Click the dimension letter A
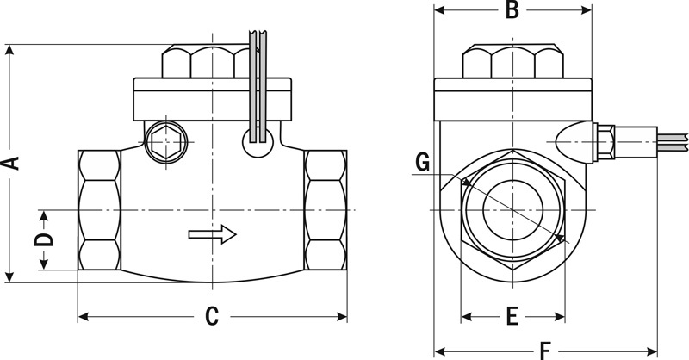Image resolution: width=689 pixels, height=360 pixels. [12, 162]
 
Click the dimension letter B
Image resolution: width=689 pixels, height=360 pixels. [511, 10]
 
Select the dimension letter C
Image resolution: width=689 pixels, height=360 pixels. [212, 316]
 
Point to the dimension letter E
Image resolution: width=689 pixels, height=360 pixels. [511, 316]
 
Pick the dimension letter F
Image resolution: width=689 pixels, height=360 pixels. [544, 350]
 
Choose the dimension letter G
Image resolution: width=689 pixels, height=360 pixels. [421, 161]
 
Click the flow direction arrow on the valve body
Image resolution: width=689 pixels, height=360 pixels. [212, 233]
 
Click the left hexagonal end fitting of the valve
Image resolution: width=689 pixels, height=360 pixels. [98, 211]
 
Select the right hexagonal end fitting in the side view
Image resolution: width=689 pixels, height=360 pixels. [326, 211]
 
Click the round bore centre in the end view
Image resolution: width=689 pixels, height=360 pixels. [512, 211]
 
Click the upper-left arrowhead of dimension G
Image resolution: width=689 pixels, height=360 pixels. [464, 182]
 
